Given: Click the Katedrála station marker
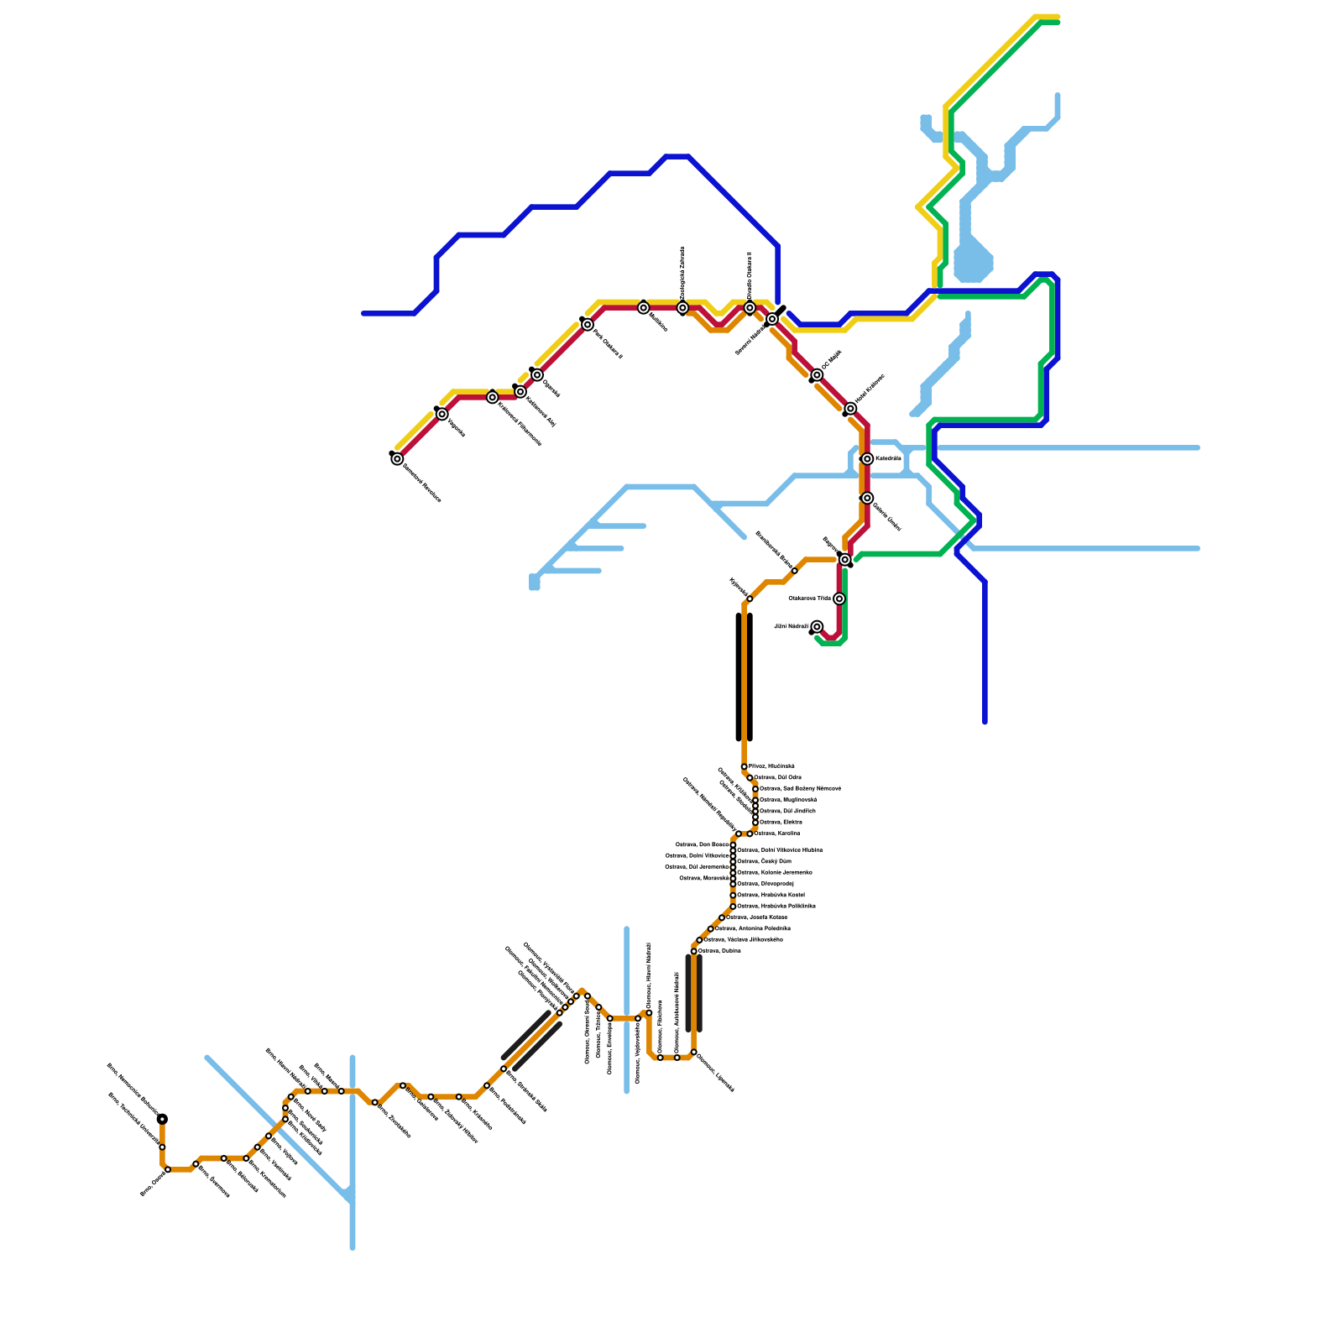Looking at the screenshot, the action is pos(867,459).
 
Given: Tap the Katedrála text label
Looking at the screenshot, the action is pos(888,459).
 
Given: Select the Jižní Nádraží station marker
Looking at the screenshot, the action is pos(817,627).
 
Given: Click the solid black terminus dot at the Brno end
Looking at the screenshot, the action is pos(162,1119).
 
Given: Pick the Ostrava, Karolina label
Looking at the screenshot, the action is pos(776,833).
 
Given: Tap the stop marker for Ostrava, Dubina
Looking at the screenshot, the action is pos(694,951).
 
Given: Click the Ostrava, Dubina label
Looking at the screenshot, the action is pos(719,951).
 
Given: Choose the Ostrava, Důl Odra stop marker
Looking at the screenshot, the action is pos(750,778).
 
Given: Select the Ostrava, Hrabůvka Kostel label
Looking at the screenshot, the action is pos(771,896).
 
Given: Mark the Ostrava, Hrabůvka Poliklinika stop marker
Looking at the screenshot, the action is pos(733,907).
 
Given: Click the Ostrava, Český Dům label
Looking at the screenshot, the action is pos(764,861).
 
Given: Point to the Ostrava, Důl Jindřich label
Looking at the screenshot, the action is pos(786,811).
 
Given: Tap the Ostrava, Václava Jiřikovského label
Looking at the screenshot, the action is pos(743,940).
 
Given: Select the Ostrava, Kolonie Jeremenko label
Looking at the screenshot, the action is pos(774,873).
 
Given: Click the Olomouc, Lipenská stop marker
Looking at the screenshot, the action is pos(694,1052).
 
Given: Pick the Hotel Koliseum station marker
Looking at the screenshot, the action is pos(850,409).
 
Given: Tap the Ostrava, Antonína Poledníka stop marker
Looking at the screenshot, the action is pos(711,929).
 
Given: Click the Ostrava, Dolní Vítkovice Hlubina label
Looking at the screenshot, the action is pos(779,850).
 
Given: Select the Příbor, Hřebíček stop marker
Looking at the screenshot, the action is pos(745,767).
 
